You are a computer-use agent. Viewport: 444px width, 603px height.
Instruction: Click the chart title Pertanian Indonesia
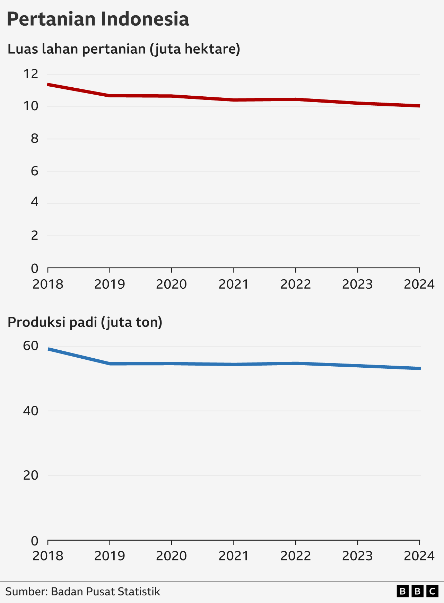click(98, 19)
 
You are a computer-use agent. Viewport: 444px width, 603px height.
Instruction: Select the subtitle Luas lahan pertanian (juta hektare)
click(124, 49)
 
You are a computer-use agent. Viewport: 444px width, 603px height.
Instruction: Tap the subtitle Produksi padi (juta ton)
click(85, 322)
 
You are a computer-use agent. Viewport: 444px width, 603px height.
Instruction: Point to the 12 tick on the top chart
click(31, 74)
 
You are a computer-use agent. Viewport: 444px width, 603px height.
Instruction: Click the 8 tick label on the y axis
click(34, 139)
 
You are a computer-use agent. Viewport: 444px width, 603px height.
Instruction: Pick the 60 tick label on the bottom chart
click(31, 346)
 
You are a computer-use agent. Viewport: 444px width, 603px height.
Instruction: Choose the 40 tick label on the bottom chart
click(31, 411)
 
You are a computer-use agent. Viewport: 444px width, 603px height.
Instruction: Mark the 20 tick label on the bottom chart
click(31, 475)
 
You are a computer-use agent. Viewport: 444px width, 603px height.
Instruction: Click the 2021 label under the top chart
click(234, 284)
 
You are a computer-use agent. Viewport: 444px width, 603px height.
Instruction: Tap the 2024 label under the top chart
click(419, 284)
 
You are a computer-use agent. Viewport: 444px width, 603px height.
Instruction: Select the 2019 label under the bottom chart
click(110, 556)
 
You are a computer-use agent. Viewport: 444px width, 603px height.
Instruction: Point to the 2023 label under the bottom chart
click(357, 556)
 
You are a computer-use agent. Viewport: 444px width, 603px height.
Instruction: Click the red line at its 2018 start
click(49, 85)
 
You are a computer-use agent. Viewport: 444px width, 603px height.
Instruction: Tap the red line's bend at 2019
click(110, 95)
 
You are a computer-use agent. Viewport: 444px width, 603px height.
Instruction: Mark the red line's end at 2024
click(419, 106)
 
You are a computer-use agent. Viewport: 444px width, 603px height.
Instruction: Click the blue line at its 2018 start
click(49, 349)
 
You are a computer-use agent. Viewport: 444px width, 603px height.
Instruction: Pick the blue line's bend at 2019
click(110, 364)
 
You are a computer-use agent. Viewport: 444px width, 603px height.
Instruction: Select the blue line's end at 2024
click(419, 368)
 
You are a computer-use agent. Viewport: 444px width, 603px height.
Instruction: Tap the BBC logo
click(417, 591)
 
